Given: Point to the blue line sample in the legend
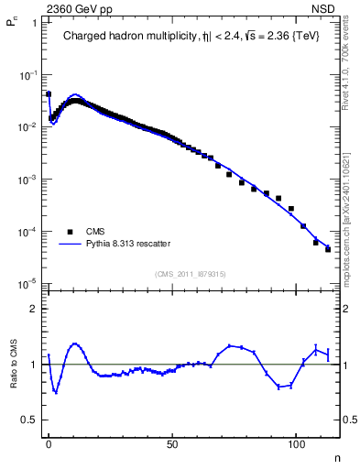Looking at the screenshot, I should pos(70,244).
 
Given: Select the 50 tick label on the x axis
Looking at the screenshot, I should pos(172,443).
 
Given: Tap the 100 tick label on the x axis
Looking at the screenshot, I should pos(296,443).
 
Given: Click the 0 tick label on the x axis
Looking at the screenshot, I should pos(49,443).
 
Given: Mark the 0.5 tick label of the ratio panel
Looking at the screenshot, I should pos(31,420).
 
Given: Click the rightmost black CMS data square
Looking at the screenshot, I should pos(327,249).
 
